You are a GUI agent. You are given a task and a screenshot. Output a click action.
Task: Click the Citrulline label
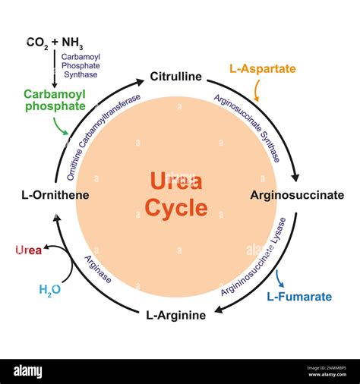coord(176,77)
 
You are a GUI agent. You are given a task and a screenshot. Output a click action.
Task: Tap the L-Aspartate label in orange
coord(263,69)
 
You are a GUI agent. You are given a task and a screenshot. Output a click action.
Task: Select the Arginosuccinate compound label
coord(297,195)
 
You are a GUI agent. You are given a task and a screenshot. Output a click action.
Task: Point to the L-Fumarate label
coord(299,297)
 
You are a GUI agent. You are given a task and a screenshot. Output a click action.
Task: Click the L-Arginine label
coord(176,316)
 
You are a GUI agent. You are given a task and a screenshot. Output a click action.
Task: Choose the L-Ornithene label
coord(55,195)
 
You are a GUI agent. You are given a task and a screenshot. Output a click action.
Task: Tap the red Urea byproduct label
coord(28,250)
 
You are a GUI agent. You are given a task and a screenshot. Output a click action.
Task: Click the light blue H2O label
coord(50,290)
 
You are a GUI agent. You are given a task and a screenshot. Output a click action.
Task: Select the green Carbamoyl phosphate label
coord(55,100)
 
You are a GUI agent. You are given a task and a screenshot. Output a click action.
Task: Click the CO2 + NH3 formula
coord(55,43)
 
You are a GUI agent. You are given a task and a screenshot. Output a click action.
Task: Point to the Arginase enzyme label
coord(98,269)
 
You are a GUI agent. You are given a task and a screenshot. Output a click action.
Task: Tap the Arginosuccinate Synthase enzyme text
coord(247,128)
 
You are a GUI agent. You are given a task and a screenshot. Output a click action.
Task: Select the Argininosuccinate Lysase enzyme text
coord(254,257)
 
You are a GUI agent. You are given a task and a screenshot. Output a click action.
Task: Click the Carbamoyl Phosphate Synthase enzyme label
coord(81,65)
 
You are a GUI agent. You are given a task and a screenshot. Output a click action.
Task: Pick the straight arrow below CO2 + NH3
coord(55,69)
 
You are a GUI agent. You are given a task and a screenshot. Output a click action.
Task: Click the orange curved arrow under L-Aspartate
coord(257,90)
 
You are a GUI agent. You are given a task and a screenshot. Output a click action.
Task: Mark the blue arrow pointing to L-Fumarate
coord(279,279)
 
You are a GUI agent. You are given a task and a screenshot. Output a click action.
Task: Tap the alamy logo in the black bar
coord(28,372)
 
